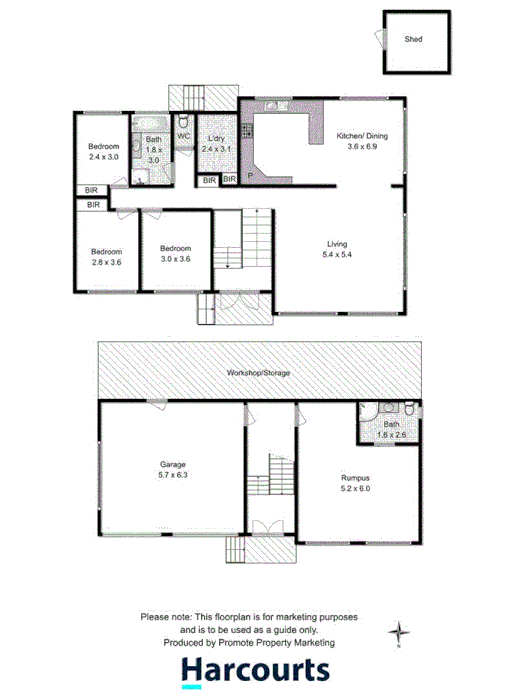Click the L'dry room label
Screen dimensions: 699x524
(215, 138)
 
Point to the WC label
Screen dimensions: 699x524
(184, 136)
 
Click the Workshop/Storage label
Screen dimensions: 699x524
(258, 372)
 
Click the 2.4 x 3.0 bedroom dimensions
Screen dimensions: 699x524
(103, 157)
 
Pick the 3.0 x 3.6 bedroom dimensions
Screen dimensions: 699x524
(175, 258)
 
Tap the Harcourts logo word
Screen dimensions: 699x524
(256, 672)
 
